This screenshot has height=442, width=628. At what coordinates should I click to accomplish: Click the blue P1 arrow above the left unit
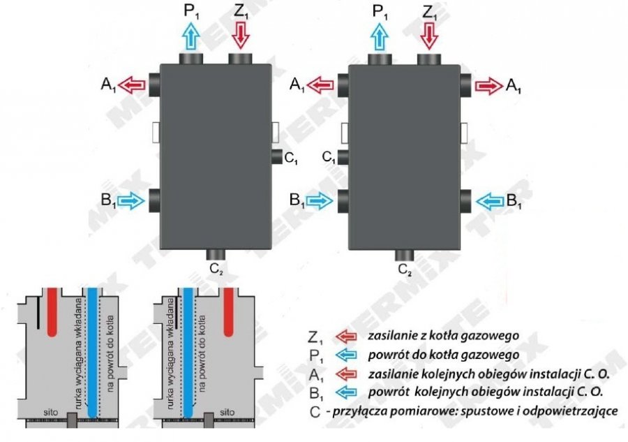point(190,35)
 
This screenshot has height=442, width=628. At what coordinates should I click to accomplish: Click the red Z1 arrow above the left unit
point(240,34)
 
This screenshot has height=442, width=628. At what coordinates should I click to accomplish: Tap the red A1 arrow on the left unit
point(130,85)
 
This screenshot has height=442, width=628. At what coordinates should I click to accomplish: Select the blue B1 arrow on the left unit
point(130,201)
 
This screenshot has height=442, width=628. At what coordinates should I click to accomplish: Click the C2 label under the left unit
point(216,267)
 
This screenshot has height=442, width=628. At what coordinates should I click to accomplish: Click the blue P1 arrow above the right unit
point(379,35)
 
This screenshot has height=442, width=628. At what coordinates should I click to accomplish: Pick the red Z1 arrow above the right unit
point(428,34)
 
